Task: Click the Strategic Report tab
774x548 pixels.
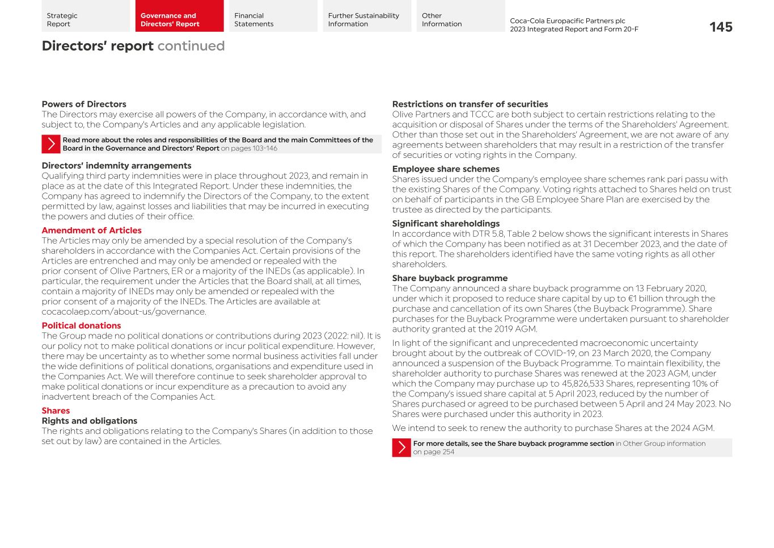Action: coord(85,16)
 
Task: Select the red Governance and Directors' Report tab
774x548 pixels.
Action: coord(179,16)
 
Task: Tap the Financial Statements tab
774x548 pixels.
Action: coord(273,16)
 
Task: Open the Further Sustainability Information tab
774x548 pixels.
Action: coord(366,16)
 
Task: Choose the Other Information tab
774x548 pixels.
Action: coord(460,16)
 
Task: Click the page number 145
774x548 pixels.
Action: coord(720,27)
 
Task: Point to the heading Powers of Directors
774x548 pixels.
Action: coord(84,104)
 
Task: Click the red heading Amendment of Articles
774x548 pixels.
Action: coord(91,231)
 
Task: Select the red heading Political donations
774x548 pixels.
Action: coord(81,326)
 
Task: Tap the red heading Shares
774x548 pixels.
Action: coord(56,411)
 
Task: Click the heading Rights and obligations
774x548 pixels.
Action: coord(89,421)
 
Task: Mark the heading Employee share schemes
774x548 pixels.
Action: coord(446,169)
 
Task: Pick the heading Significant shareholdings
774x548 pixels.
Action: coord(446,224)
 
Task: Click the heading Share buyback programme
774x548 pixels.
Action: coord(450,278)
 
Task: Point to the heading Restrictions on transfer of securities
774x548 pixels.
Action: coord(470,104)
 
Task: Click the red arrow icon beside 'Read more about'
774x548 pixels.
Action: coord(51,144)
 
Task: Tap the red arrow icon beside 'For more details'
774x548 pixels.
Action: coord(401,447)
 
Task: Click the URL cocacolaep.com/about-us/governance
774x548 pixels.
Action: coord(124,312)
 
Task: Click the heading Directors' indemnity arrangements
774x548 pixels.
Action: coord(116,166)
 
